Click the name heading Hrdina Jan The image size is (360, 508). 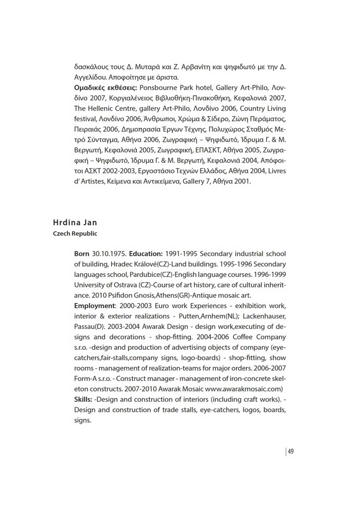pyautogui.click(x=75, y=222)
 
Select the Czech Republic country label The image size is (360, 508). pyautogui.click(x=75, y=233)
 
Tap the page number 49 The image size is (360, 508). pyautogui.click(x=291, y=451)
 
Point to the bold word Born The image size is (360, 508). pyautogui.click(x=82, y=254)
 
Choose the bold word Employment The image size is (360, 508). pyautogui.click(x=97, y=306)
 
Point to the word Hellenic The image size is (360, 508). pyautogui.click(x=103, y=109)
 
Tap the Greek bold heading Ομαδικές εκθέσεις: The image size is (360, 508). pyautogui.click(x=99, y=88)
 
